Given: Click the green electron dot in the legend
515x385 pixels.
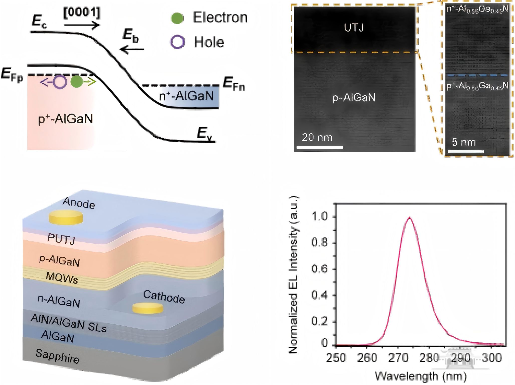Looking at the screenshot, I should click(x=177, y=18).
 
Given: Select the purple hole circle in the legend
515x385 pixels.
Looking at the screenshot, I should click(x=177, y=42).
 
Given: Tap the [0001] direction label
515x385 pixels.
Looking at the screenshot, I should click(x=82, y=13).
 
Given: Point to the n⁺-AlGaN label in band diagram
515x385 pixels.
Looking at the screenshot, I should click(x=186, y=96).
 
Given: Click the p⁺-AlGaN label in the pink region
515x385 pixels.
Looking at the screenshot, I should click(x=65, y=119).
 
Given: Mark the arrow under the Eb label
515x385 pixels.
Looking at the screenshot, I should click(x=132, y=49).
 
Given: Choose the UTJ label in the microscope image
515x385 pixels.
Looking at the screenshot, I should click(x=353, y=28).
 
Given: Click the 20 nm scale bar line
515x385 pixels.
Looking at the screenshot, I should click(x=320, y=147).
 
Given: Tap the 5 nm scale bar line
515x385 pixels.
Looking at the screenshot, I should click(x=466, y=151).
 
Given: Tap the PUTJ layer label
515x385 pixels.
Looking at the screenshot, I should click(x=61, y=239).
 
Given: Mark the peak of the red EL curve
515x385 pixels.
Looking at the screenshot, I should click(x=409, y=217).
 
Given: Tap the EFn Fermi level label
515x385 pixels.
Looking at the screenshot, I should click(x=234, y=83).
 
